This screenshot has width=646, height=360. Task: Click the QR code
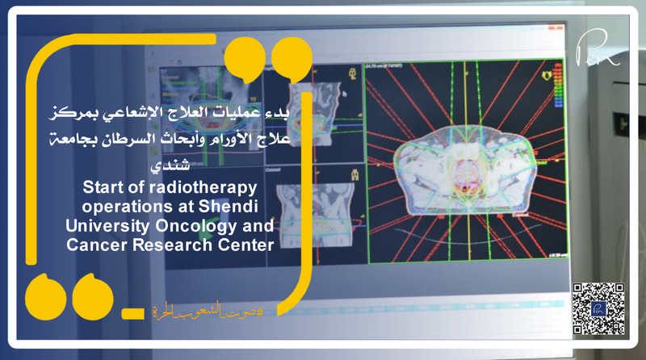(599, 309)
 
